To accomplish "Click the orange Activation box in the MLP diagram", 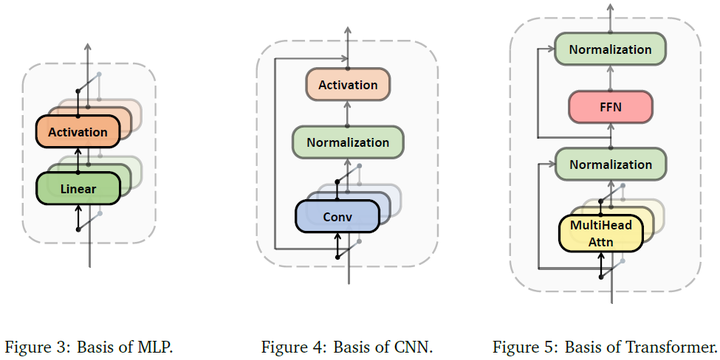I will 78,129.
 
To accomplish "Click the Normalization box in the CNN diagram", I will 347,142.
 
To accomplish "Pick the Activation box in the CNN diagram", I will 347,86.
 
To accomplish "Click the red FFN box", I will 610,105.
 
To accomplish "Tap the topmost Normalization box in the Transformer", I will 610,49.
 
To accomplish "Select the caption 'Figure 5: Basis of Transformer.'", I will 604,347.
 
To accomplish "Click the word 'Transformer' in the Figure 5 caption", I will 669,347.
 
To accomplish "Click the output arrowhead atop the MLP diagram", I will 89,47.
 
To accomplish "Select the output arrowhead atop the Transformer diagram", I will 610,8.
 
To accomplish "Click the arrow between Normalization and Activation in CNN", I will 347,113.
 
